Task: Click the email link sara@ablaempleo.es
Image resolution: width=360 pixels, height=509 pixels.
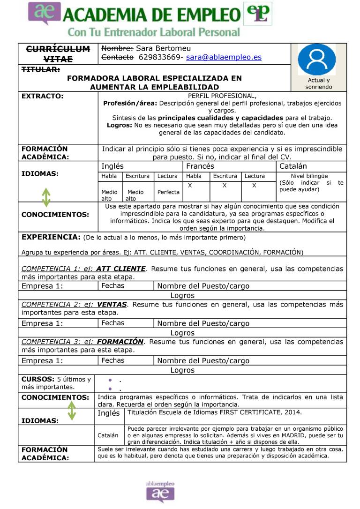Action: pyautogui.click(x=224, y=57)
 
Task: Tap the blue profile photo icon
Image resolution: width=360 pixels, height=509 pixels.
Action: pyautogui.click(x=317, y=60)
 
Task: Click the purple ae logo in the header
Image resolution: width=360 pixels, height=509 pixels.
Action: pyautogui.click(x=45, y=14)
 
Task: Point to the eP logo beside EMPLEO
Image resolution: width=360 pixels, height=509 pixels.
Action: pyautogui.click(x=257, y=14)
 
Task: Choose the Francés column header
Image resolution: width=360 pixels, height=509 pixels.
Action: pyautogui.click(x=200, y=166)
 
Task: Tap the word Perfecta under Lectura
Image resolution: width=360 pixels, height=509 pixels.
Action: pyautogui.click(x=168, y=192)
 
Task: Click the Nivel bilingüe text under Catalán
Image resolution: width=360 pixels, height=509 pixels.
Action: pyautogui.click(x=309, y=176)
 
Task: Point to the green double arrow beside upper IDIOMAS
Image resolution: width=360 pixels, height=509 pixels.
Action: pyautogui.click(x=46, y=197)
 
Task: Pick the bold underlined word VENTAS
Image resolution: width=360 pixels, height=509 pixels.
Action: pyautogui.click(x=112, y=304)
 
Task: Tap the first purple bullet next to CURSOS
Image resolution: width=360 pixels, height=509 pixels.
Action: pyautogui.click(x=109, y=380)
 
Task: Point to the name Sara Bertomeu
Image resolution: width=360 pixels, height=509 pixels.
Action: pyautogui.click(x=164, y=48)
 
